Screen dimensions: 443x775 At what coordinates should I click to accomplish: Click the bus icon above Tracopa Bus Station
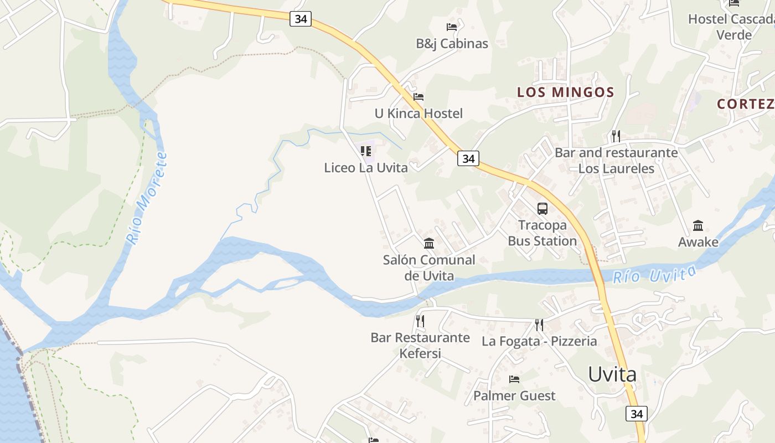(x=542, y=209)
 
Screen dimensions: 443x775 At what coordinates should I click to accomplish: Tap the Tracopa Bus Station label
(x=542, y=233)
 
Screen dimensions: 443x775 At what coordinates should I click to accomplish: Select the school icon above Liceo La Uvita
(x=365, y=151)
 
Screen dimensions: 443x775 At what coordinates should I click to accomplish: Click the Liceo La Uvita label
(x=366, y=167)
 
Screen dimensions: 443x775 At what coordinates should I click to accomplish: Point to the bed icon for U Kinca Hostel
(x=418, y=97)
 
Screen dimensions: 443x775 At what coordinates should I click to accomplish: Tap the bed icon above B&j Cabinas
(x=452, y=27)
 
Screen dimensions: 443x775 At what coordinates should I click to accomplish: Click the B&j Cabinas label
(x=452, y=43)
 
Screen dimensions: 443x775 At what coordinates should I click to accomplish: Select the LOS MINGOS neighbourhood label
(x=565, y=92)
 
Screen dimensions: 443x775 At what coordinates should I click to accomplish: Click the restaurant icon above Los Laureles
(x=616, y=136)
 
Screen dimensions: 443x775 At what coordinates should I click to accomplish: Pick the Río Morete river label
(x=146, y=198)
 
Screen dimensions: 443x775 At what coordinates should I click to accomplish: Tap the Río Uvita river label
(x=654, y=274)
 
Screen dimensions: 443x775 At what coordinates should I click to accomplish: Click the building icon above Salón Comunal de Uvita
(x=429, y=243)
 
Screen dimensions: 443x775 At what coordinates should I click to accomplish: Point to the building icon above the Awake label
(x=698, y=225)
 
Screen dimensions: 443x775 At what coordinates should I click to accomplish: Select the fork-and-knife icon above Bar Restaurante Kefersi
(x=420, y=321)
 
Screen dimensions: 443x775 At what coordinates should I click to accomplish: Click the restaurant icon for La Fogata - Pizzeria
(x=539, y=324)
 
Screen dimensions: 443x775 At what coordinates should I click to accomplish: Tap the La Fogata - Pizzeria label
(x=539, y=341)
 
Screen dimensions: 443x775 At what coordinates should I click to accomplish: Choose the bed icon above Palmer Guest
(x=514, y=379)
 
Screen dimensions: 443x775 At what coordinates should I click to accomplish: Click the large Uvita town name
(x=612, y=375)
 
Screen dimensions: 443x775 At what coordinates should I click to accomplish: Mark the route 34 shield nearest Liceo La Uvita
(x=468, y=158)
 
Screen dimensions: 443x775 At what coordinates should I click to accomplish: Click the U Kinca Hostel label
(x=418, y=114)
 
